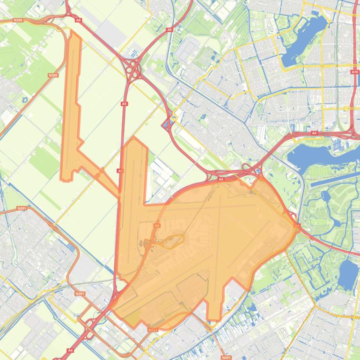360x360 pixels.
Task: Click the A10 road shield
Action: coord(354,72)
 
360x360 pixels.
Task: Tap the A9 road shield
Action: coord(78,20)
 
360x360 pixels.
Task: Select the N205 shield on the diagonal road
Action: coord(53,75)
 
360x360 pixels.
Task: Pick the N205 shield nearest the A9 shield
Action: coord(18,20)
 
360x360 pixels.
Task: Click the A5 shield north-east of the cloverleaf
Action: coord(169,30)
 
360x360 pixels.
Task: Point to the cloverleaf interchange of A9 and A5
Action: coord(133,69)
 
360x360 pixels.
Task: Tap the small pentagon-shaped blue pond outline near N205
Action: coord(24,100)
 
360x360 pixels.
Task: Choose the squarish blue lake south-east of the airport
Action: coord(347,274)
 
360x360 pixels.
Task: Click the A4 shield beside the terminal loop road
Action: coord(157,225)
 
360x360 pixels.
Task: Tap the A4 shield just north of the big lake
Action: coord(314,133)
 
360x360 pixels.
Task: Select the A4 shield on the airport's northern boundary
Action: coord(221,179)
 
